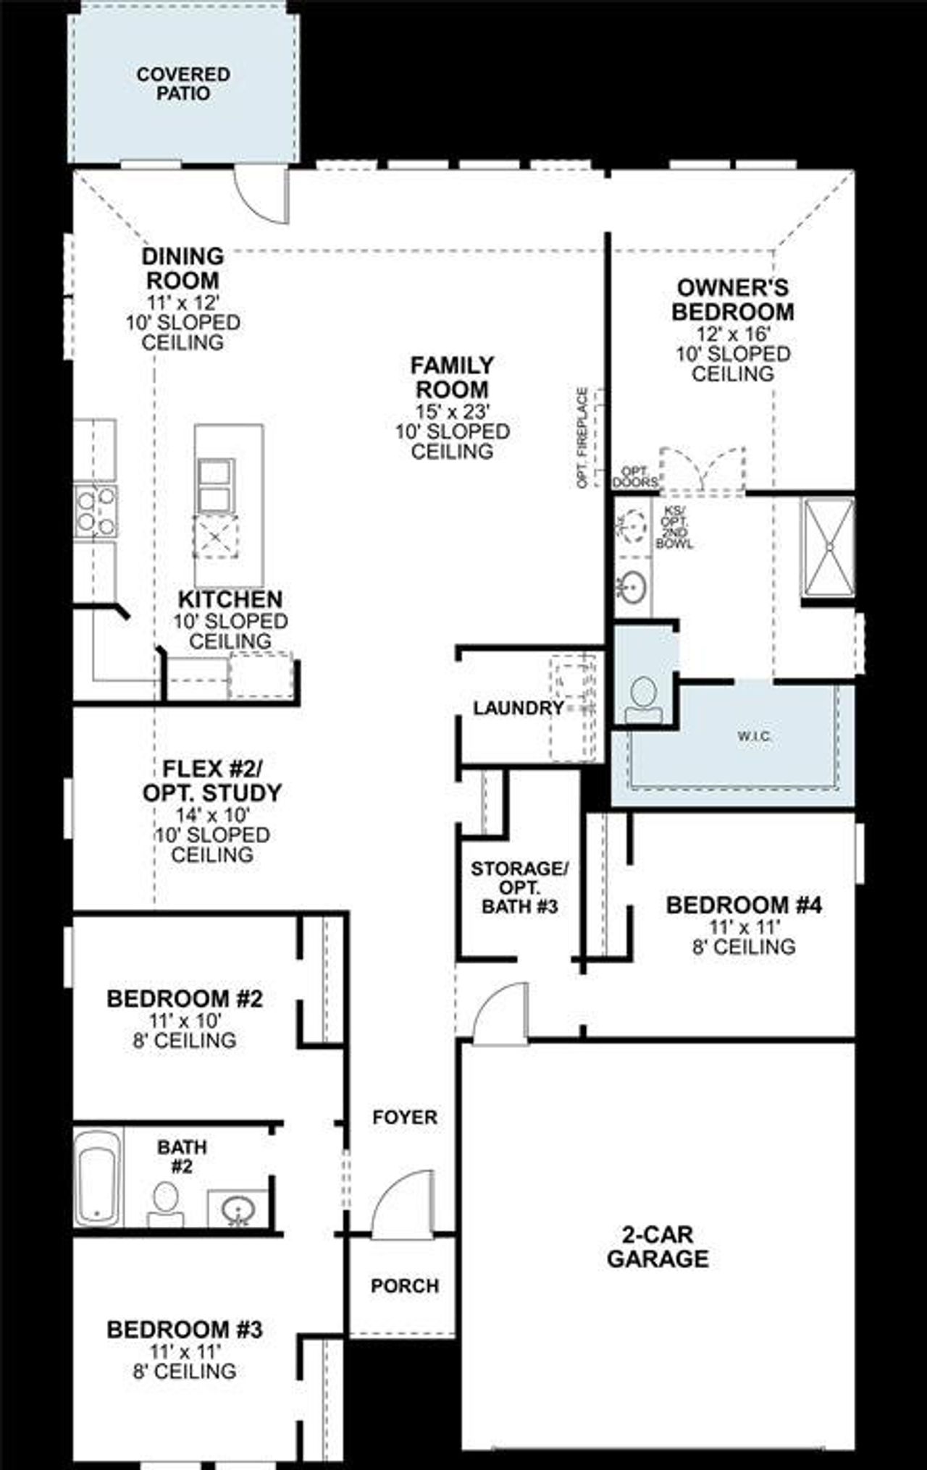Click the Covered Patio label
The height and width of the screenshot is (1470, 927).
coord(183,84)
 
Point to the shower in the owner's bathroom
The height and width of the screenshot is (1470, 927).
coord(828,547)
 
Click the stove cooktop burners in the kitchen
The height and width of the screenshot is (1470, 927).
coord(96,511)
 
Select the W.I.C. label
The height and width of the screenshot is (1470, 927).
coord(754,736)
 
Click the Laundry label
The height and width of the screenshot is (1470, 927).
coord(519,708)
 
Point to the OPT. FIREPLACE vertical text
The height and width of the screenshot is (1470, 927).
coord(582,437)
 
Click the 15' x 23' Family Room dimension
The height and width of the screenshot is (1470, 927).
coord(453,411)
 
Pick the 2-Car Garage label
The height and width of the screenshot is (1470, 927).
coord(658,1246)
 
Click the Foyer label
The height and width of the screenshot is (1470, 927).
coord(405,1117)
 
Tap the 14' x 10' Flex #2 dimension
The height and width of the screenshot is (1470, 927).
coord(212,814)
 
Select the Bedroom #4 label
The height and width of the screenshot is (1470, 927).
coord(743,905)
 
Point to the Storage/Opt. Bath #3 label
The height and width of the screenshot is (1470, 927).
coord(519,887)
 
